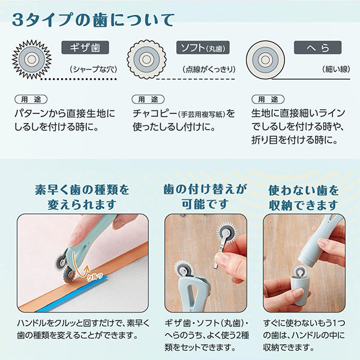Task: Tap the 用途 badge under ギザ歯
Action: point(30,99)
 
